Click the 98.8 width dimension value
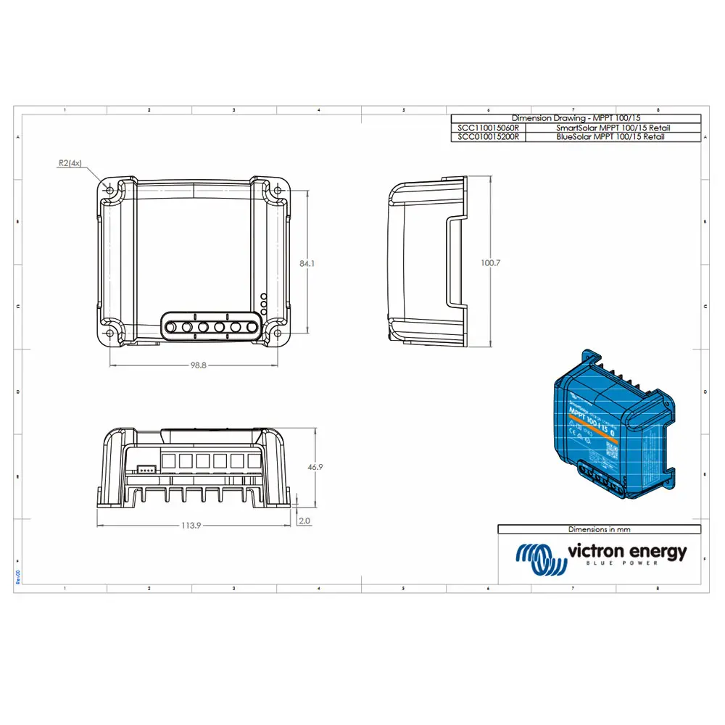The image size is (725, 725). [x=199, y=366]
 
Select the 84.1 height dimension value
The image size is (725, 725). [x=307, y=264]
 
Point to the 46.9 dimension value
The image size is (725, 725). [x=315, y=468]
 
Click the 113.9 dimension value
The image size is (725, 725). [x=191, y=525]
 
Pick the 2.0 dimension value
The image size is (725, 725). [x=304, y=521]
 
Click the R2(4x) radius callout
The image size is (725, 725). [x=70, y=164]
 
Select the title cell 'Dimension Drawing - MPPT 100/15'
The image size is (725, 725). [x=576, y=118]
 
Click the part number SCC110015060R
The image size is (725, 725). [x=487, y=128]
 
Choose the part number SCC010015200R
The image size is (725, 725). [x=487, y=136]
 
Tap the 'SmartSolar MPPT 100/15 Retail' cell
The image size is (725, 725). [x=613, y=128]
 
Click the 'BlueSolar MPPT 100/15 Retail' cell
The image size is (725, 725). [x=613, y=136]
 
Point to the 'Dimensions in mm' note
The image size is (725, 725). [x=599, y=529]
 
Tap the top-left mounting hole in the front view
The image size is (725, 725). [x=109, y=189]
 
